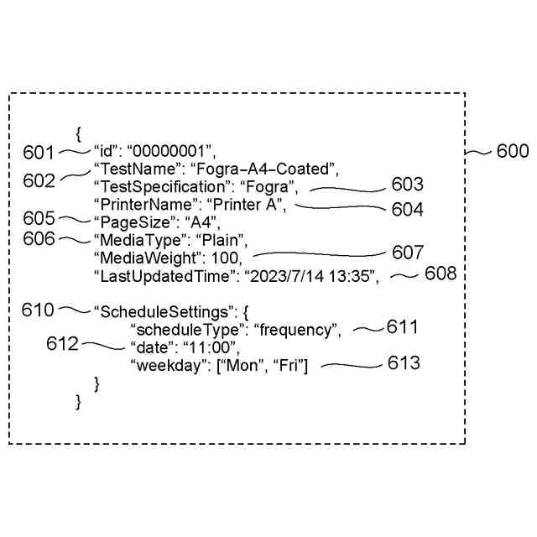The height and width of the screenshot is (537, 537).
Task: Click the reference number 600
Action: click(x=513, y=151)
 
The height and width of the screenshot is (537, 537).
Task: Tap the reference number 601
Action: click(x=39, y=152)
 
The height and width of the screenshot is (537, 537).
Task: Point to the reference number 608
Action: click(x=441, y=274)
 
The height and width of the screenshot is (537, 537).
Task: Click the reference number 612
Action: click(x=64, y=344)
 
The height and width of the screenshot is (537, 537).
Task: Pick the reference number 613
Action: click(x=404, y=363)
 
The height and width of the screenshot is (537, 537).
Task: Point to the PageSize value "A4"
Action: click(x=201, y=222)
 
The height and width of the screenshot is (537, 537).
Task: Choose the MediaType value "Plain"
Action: click(x=221, y=240)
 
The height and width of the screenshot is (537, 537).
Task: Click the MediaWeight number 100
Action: click(x=227, y=258)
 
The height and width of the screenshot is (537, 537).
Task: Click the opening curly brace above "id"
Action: click(x=78, y=133)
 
